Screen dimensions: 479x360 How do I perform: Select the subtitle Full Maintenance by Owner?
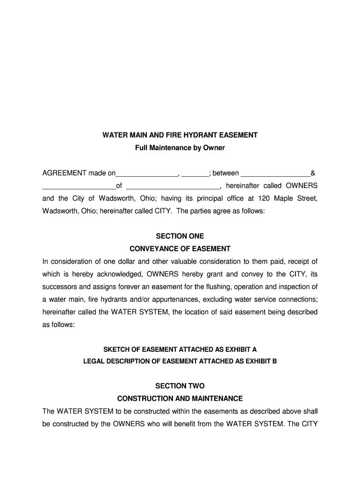tap(180, 148)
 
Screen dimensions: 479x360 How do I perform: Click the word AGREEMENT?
tap(62, 173)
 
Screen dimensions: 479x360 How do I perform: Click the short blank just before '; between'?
tap(195, 174)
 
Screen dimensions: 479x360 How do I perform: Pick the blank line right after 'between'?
tap(275, 174)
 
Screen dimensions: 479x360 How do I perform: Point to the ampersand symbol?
tap(313, 173)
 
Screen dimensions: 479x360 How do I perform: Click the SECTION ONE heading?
tap(180, 236)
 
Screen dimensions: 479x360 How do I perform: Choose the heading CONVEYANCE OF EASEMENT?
tap(180, 249)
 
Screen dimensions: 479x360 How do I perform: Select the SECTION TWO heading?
tap(180, 386)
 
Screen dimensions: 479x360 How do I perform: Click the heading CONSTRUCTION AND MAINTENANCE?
tap(180, 399)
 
